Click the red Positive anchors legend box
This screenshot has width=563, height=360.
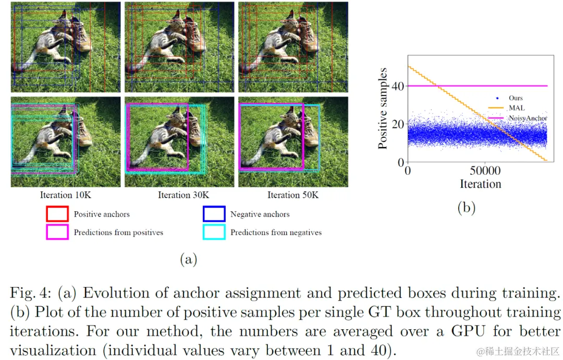[57, 214]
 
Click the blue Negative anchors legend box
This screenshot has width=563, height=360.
[214, 214]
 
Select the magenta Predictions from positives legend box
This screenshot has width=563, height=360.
[57, 232]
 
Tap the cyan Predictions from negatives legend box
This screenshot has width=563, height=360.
[214, 232]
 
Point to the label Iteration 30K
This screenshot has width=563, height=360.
[183, 195]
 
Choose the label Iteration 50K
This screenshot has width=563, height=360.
[293, 195]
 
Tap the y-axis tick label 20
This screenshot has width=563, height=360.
[398, 124]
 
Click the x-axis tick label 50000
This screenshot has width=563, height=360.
[485, 171]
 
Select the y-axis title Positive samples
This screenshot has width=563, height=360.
[383, 109]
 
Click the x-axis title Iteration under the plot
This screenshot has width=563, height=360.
[480, 184]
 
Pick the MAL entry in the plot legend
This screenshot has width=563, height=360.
[517, 108]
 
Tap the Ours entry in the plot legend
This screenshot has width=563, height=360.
[516, 98]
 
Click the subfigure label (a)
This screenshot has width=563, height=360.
[188, 259]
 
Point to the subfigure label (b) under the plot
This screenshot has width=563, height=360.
[466, 208]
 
